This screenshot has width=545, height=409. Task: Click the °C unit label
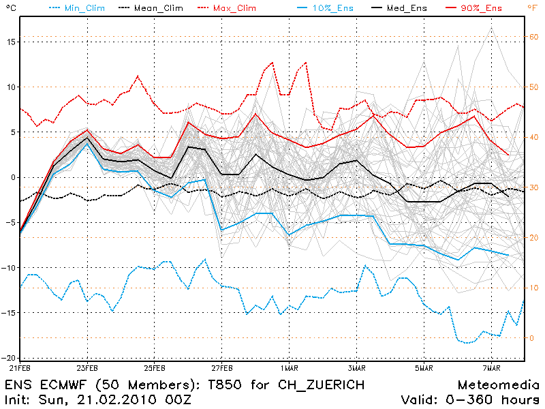pos(9,7)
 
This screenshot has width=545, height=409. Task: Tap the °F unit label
pos(532,7)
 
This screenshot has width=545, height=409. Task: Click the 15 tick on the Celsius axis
pos(10,42)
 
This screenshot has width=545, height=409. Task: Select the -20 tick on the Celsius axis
pos(7,357)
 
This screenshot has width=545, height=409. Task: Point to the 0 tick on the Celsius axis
pos(12,177)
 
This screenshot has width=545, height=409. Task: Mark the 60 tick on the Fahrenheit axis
pos(534,37)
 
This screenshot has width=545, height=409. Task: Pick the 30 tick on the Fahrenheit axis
pos(534,187)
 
